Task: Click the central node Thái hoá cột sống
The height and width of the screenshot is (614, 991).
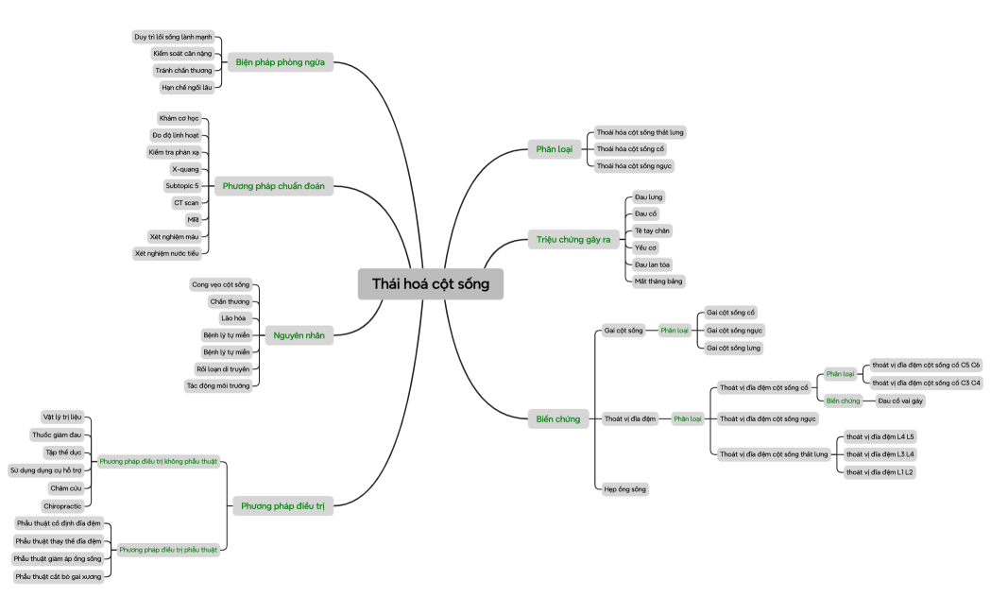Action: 430,283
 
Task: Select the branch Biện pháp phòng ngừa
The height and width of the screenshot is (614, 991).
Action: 280,62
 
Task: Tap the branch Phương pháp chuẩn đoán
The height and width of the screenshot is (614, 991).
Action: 273,186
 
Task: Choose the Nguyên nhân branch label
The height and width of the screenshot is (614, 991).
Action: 299,335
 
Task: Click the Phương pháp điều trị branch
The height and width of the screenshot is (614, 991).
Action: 282,506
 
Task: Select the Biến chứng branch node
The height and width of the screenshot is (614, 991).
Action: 557,418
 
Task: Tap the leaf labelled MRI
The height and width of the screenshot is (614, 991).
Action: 193,219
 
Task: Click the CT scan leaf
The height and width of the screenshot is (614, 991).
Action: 185,202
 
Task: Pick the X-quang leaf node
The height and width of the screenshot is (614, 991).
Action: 185,169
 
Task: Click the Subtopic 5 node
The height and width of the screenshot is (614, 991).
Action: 182,186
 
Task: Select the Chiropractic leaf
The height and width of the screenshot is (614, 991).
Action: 62,506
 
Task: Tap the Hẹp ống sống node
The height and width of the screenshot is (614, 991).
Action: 625,488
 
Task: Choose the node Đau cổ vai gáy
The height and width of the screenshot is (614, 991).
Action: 899,401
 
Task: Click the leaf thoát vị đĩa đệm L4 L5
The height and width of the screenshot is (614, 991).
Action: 880,436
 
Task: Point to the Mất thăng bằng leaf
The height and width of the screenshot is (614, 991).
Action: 658,281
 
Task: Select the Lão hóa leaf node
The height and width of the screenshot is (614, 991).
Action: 232,318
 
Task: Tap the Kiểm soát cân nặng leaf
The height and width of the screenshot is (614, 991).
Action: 182,54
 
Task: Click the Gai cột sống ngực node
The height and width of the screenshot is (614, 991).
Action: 734,330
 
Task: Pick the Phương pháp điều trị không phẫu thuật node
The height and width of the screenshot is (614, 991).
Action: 158,462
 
